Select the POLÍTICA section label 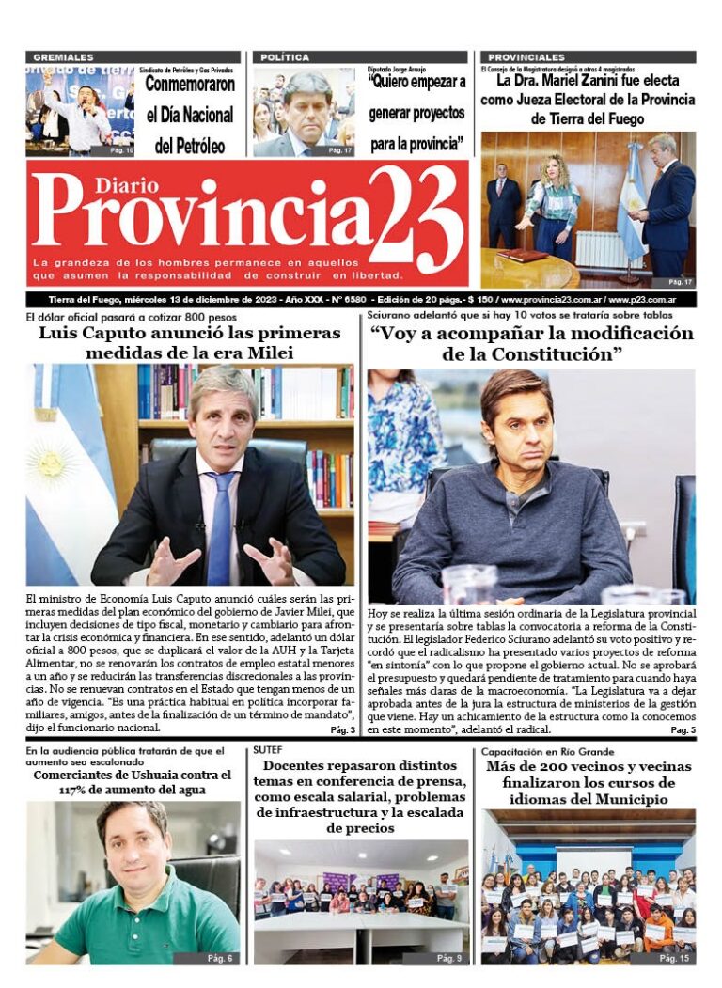tap(285, 57)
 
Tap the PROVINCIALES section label tap(526, 57)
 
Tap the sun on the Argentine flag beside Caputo tap(51, 464)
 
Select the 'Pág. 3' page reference tap(342, 730)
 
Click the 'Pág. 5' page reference tap(683, 730)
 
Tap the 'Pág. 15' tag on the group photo tap(673, 958)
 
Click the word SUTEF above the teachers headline tap(268, 750)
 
